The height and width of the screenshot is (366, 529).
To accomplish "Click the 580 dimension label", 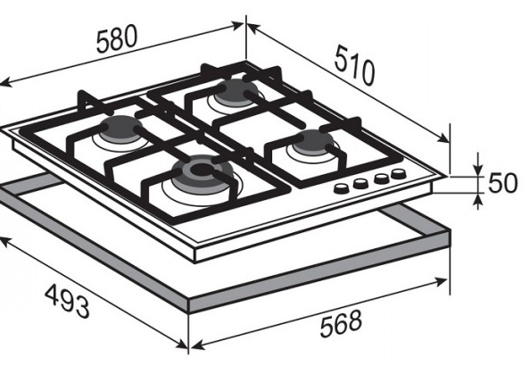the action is pos(117,38).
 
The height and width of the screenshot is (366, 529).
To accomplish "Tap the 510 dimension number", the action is pos(354,66).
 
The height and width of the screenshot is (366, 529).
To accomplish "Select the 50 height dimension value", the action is pos(502,183).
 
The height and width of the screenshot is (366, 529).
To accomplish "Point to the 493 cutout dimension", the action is pos(68,301).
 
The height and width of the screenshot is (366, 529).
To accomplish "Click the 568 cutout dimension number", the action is pos(341,323).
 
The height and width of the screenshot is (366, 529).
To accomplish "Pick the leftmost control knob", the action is pos(342,188).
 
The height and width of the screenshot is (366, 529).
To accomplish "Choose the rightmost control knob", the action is pos(399,173).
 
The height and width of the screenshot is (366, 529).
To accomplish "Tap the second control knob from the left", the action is pos(360,183).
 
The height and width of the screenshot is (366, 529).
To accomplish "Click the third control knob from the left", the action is pos(382,178).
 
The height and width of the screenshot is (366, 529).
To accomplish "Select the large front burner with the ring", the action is pos(202,175).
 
